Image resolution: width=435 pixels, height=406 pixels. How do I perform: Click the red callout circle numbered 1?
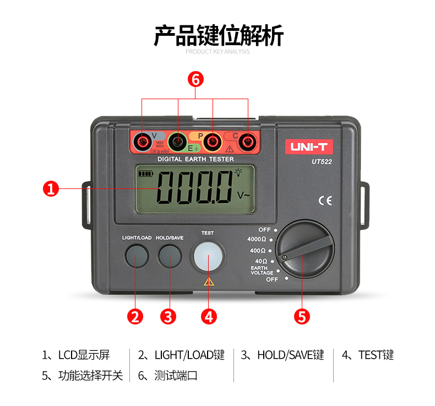point(51,188)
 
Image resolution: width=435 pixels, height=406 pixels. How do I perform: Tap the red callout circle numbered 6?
point(195,79)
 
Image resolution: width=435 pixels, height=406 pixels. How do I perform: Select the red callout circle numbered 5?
point(302,316)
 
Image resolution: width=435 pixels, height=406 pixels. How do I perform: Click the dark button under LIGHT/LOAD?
point(136,256)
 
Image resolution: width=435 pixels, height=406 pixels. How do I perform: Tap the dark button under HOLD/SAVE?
point(170,256)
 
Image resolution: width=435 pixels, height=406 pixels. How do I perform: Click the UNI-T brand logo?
point(308,147)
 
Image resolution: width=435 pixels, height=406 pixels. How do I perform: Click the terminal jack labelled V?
point(143,143)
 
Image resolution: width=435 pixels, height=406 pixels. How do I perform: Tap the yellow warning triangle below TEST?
point(208,282)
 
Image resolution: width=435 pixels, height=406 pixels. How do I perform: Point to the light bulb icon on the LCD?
point(238,172)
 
